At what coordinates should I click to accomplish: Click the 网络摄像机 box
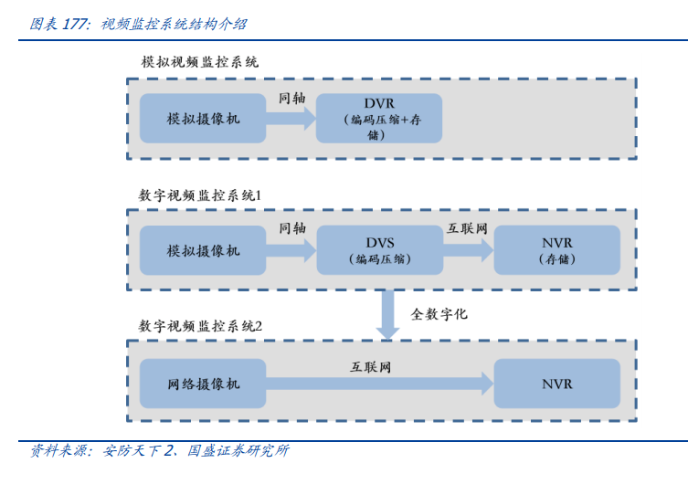(x=203, y=384)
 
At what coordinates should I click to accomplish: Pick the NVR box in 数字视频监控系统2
(x=556, y=384)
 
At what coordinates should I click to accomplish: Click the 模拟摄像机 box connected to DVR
(x=203, y=118)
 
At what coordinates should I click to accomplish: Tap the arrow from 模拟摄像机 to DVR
(x=291, y=119)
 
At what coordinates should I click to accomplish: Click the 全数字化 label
(x=439, y=313)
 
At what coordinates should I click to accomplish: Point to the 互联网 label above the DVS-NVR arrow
(x=466, y=228)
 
